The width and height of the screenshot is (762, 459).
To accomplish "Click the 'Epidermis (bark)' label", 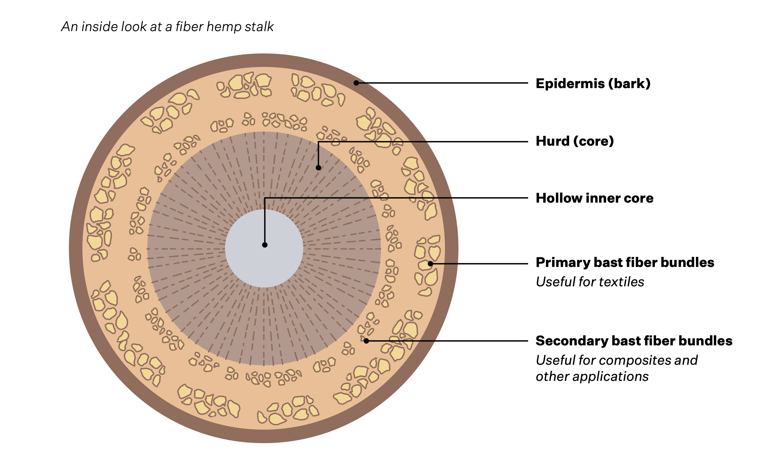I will [593, 83].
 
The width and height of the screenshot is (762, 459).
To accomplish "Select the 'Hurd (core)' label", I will [574, 141].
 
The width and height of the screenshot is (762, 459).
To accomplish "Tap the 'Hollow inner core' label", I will [594, 198].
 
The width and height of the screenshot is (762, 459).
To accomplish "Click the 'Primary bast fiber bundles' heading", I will [624, 262].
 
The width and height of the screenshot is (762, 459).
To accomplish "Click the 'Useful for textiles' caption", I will [589, 282].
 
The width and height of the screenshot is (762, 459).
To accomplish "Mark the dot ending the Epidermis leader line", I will [356, 83].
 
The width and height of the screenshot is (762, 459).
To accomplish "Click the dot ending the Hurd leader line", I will [318, 168].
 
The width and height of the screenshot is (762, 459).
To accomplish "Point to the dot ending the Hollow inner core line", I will [264, 245].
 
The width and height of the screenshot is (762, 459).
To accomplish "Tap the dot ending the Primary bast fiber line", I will [430, 264].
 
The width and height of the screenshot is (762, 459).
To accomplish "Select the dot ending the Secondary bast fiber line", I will [366, 341].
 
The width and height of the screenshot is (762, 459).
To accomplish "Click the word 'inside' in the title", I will [100, 27].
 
